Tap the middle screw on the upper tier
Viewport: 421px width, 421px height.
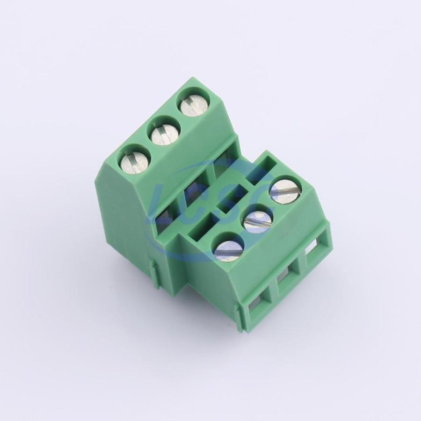165,133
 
